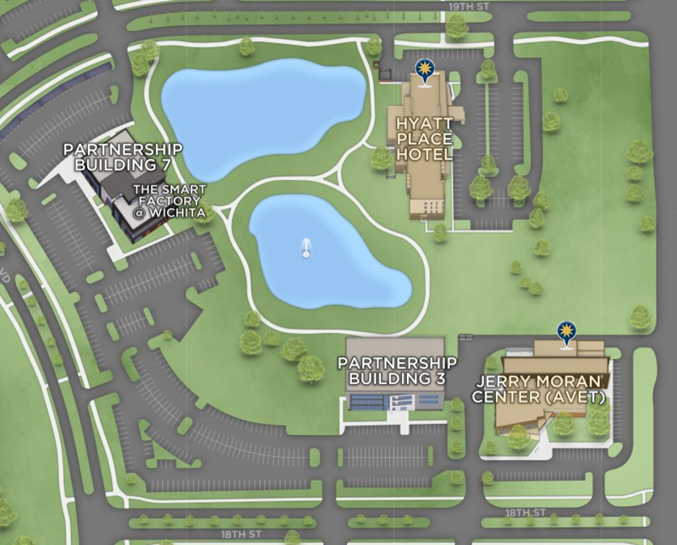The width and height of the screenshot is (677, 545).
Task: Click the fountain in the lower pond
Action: click(x=306, y=247)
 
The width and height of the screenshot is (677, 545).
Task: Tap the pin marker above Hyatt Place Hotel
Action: click(x=423, y=69)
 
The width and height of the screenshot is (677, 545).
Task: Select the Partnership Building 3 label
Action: click(x=397, y=371)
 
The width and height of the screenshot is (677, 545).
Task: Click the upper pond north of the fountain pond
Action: click(x=262, y=110)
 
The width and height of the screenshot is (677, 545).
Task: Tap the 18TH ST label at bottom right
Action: click(x=526, y=514)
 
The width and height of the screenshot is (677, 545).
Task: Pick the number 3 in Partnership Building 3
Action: click(x=439, y=378)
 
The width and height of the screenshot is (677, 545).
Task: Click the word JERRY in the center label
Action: click(x=506, y=382)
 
